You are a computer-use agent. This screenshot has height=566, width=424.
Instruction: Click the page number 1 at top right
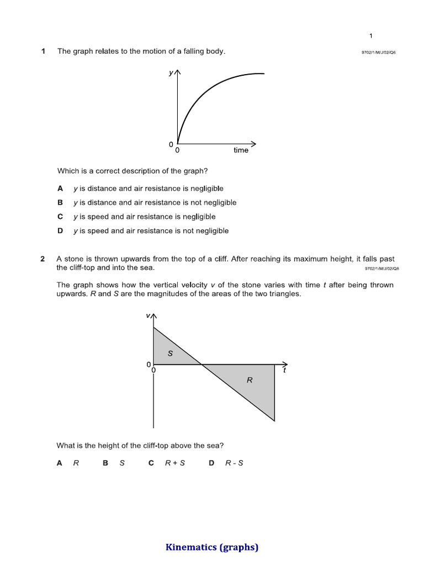371,36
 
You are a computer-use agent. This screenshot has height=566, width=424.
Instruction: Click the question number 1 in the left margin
43,51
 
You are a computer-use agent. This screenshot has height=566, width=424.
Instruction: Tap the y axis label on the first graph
171,72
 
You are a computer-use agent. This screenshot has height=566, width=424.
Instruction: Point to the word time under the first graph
241,150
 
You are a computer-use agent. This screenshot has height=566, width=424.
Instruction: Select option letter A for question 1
60,188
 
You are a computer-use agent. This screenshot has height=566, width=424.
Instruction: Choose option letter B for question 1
60,203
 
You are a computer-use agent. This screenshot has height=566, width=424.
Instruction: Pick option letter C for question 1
60,217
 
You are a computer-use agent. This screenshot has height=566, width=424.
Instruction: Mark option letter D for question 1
60,231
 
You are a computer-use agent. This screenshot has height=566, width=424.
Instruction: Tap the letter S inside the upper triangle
170,353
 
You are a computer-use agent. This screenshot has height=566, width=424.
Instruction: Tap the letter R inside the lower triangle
249,380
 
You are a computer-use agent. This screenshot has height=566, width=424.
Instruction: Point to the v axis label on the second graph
148,316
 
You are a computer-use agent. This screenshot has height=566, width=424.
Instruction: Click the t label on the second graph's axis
285,370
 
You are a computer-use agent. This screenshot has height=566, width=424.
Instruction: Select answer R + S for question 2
174,463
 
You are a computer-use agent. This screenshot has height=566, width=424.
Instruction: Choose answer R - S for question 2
234,463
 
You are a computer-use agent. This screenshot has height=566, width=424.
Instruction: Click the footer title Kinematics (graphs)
212,548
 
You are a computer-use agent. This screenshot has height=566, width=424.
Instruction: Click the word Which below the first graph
67,171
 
